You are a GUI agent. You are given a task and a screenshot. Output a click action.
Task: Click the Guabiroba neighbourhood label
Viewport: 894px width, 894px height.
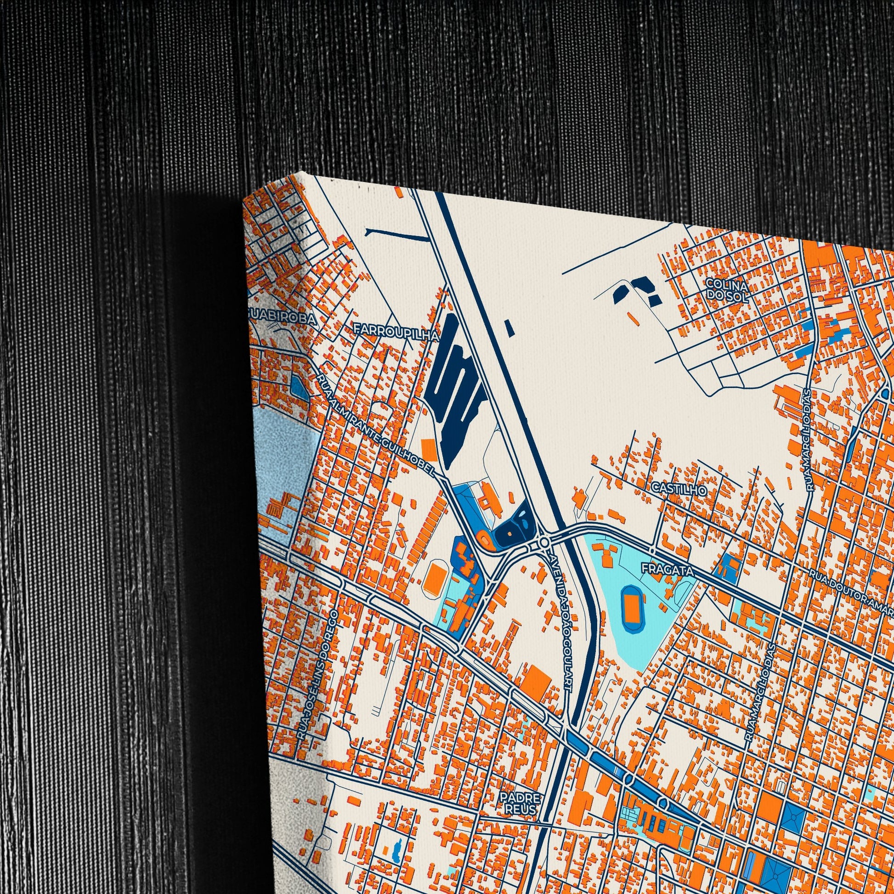282,319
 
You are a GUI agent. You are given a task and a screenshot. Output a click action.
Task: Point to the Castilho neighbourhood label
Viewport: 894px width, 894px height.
679,489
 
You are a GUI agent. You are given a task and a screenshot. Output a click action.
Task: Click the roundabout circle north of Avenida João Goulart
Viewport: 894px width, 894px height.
544,541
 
